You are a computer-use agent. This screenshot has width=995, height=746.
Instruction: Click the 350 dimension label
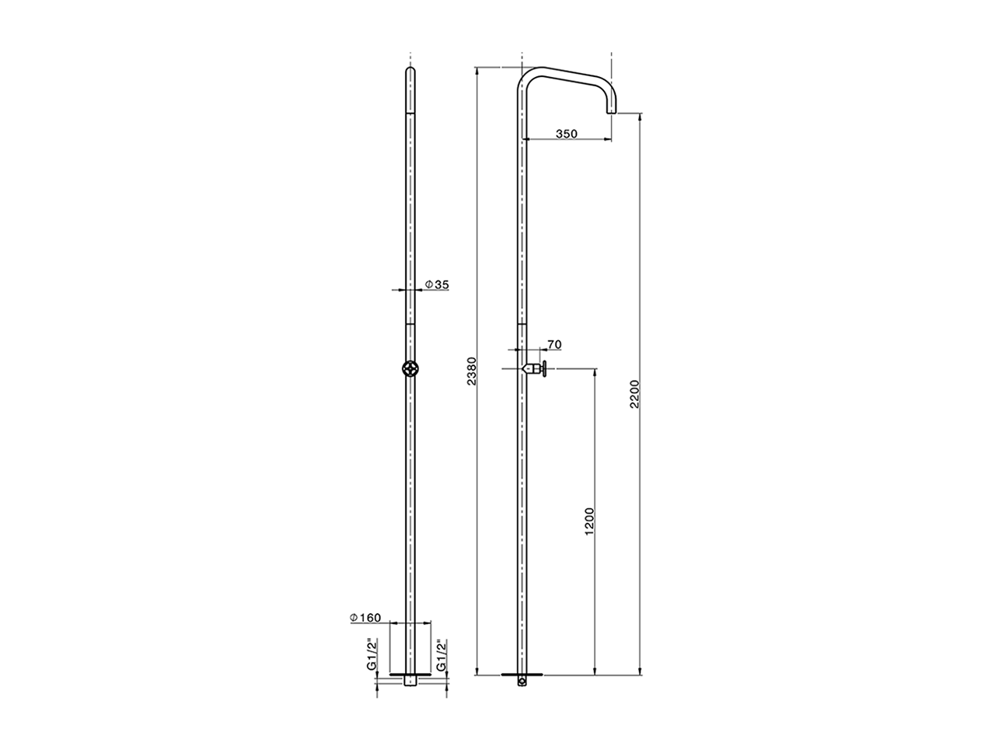pyautogui.click(x=566, y=134)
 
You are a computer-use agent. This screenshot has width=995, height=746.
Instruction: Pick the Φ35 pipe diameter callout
pyautogui.click(x=437, y=285)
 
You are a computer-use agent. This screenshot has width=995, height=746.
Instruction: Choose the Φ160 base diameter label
pyautogui.click(x=365, y=618)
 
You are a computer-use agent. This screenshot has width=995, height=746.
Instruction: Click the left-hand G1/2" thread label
pyautogui.click(x=373, y=655)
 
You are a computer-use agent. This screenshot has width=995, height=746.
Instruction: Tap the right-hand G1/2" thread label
pyautogui.click(x=441, y=655)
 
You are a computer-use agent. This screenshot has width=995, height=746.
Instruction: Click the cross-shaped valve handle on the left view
pyautogui.click(x=409, y=368)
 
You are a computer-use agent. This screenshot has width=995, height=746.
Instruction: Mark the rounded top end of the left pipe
pyautogui.click(x=409, y=72)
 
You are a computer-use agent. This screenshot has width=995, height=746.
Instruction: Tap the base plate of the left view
pyautogui.click(x=409, y=673)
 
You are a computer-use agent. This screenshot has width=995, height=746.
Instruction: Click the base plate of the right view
pyautogui.click(x=522, y=673)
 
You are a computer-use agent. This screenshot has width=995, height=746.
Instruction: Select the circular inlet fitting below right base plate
pyautogui.click(x=522, y=682)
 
